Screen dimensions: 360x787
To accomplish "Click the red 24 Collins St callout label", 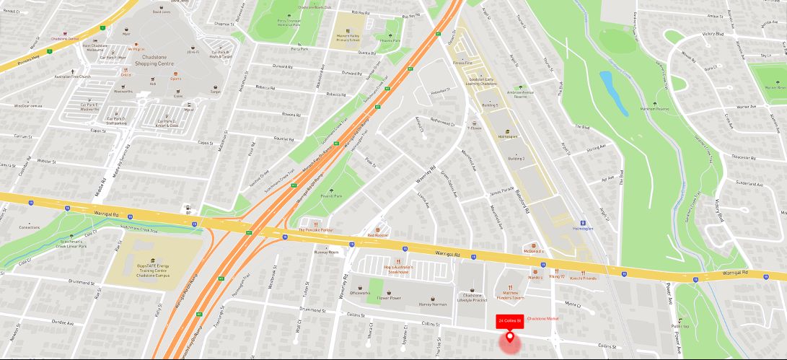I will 509,320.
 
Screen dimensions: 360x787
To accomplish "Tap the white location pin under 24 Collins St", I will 511,336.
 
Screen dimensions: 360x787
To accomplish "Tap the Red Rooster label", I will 377,235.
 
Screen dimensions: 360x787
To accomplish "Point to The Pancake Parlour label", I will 316,229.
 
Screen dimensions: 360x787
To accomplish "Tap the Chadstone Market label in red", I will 544,318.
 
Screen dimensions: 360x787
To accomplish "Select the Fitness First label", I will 462,63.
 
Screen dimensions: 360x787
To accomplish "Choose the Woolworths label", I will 123,92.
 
